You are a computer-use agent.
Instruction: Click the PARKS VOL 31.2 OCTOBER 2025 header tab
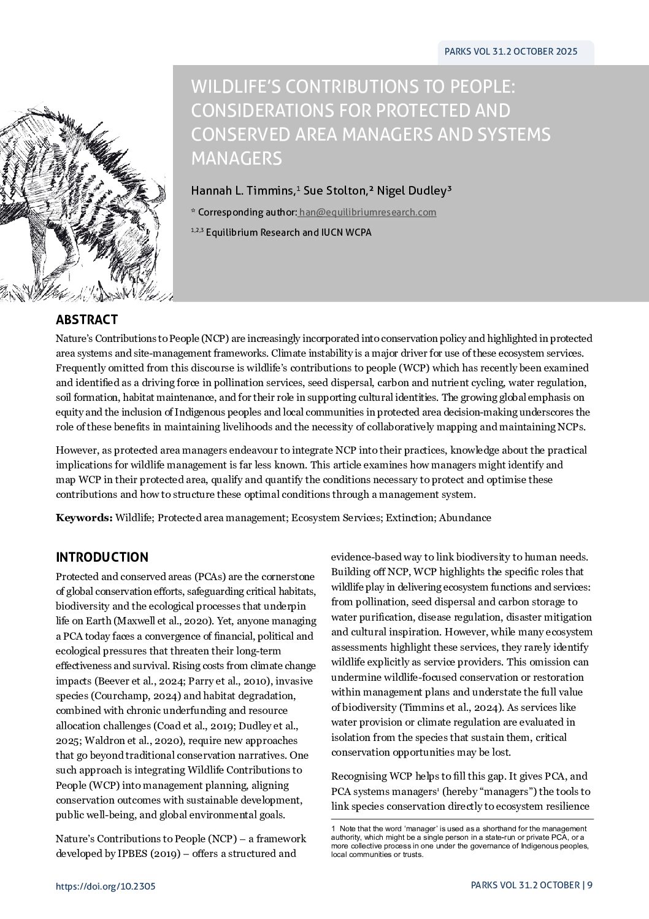tap(510, 52)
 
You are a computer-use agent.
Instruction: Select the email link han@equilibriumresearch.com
tap(367, 212)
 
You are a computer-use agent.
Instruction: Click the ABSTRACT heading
tap(86, 320)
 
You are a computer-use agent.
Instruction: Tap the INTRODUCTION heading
tap(102, 557)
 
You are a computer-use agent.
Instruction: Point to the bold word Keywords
tap(83, 518)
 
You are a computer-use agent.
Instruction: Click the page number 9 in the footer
tap(590, 885)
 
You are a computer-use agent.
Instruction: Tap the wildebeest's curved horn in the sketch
tap(158, 195)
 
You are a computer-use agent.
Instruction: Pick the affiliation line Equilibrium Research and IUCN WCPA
tap(288, 233)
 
